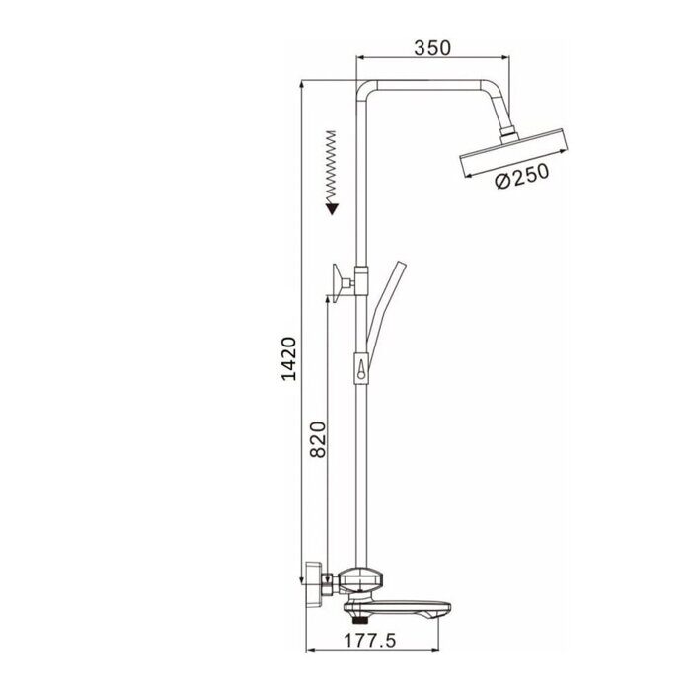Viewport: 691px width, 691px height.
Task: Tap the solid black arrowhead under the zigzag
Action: point(333,206)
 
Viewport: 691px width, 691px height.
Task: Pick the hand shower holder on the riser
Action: point(363,370)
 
